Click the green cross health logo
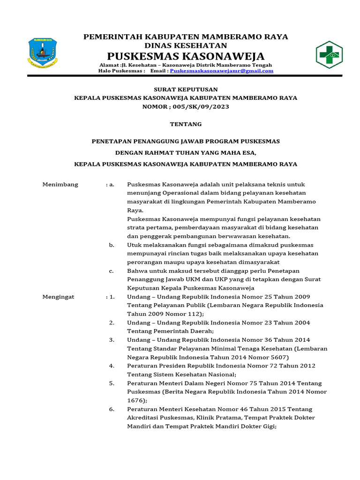point(329,55)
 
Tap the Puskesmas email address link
point(221,71)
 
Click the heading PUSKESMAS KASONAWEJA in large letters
point(186,56)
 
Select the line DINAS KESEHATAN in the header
point(186,45)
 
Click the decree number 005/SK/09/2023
point(199,107)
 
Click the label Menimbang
point(60,184)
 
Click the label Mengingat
point(59,297)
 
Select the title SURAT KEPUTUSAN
point(186,89)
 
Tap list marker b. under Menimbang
point(112,245)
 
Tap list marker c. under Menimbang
point(111,270)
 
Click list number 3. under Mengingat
point(112,340)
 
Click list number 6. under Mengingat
point(112,409)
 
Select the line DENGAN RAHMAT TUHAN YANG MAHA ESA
point(186,152)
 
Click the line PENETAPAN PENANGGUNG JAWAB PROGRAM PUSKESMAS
point(186,141)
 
